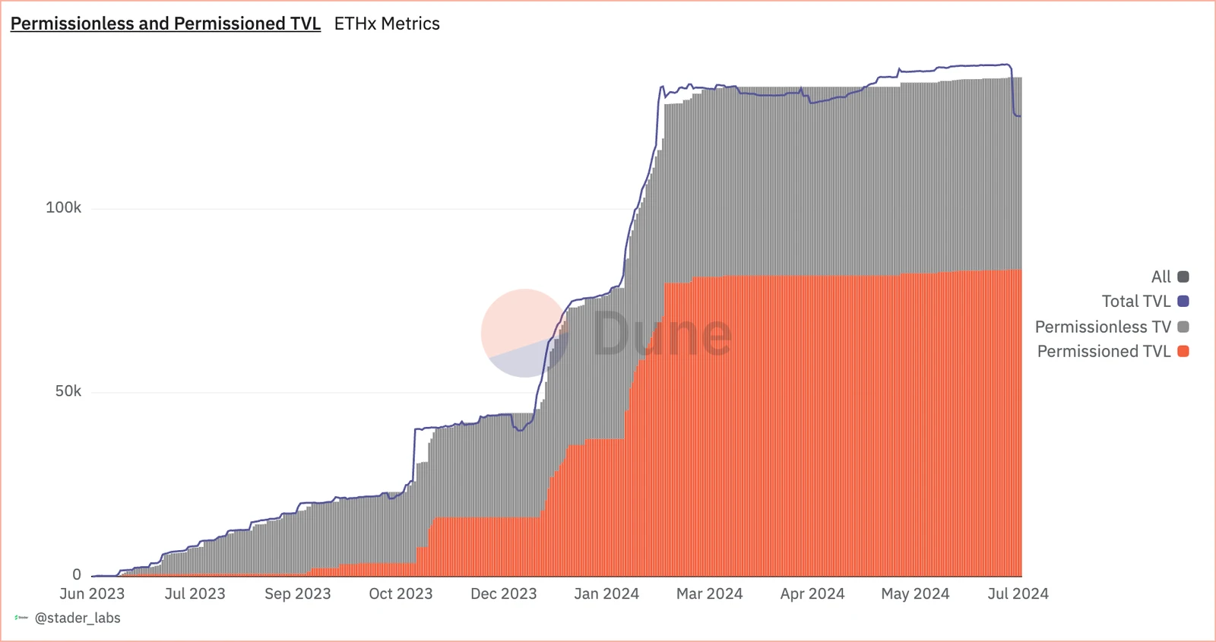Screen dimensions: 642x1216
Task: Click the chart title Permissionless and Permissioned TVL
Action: (166, 24)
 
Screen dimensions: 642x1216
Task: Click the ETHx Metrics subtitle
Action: (387, 24)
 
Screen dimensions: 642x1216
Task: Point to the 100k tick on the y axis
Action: (64, 207)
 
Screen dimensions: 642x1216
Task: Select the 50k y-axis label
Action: (68, 391)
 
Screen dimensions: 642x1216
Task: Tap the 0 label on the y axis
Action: (77, 574)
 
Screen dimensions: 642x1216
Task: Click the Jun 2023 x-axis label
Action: (92, 593)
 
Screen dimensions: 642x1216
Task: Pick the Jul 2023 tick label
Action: (195, 593)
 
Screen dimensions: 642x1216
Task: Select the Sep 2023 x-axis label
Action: (298, 593)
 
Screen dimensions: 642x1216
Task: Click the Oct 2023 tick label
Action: (401, 593)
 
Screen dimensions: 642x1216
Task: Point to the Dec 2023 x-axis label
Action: (504, 593)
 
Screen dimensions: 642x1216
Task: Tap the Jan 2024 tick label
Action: (606, 593)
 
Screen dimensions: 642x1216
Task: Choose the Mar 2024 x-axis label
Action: (710, 593)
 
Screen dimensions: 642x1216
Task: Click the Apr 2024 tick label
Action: (812, 593)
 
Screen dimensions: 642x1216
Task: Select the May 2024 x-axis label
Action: (915, 593)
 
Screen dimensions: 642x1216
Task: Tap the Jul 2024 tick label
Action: (1018, 593)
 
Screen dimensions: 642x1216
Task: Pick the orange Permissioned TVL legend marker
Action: (1183, 351)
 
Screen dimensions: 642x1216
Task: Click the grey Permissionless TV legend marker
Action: (1183, 327)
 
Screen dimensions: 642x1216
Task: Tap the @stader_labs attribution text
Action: (78, 618)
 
